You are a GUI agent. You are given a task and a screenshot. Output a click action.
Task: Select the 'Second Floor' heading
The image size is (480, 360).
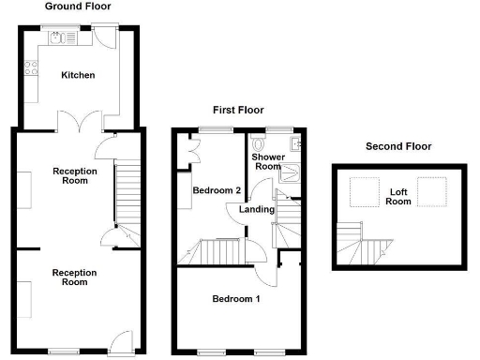tap(399, 146)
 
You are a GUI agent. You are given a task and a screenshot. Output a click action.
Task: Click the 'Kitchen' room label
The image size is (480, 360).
tap(78, 75)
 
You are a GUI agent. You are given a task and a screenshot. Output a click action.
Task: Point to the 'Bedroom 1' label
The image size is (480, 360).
tap(235, 299)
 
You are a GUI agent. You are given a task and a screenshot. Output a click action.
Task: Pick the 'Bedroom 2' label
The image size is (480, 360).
tap(217, 190)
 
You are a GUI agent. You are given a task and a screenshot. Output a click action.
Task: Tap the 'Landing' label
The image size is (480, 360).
tap(257, 209)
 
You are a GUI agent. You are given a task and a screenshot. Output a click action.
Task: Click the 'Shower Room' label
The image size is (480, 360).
tap(269, 161)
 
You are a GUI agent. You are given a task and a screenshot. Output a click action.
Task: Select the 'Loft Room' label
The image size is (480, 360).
tap(400, 196)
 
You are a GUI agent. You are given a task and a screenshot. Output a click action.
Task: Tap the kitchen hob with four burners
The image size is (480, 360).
tap(31, 68)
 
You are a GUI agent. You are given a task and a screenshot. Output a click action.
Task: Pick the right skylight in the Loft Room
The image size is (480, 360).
tap(432, 193)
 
